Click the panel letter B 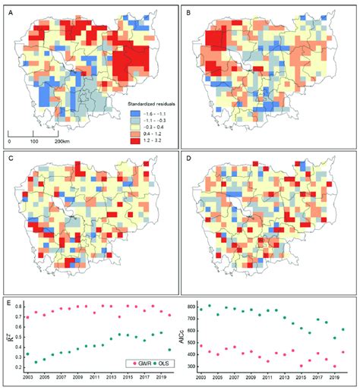pyautogui.click(x=190, y=10)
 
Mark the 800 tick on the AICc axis pyautogui.click(x=194, y=309)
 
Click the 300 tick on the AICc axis pyautogui.click(x=194, y=366)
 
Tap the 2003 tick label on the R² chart pyautogui.click(x=27, y=377)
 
